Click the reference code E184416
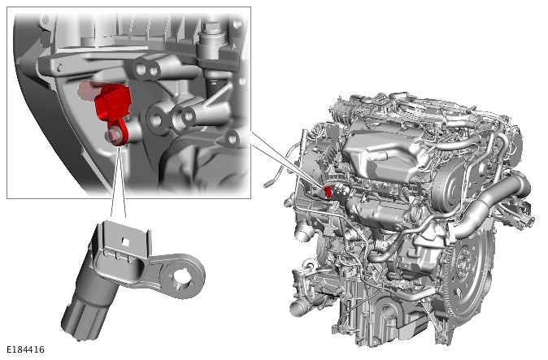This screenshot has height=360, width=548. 26,349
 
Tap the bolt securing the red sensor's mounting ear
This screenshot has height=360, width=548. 115,136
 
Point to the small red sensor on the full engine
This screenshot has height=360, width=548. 328,192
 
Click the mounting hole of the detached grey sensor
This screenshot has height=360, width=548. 182,278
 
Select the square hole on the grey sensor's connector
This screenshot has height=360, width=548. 125,241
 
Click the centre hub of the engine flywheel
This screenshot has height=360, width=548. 467,263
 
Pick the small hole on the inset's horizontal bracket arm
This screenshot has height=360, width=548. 59,67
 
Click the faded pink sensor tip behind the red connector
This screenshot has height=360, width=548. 87,89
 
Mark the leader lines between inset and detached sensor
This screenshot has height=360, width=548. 119,181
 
